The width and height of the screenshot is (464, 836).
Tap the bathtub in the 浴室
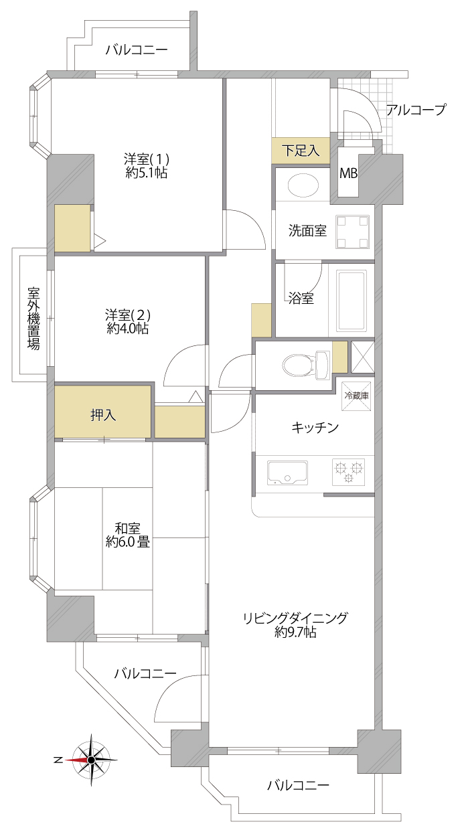click(351, 301)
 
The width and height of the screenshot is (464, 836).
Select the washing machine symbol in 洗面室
click(352, 232)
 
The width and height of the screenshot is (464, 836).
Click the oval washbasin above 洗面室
click(303, 185)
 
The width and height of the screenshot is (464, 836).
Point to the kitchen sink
click(287, 473)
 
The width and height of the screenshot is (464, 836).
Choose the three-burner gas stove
click(348, 472)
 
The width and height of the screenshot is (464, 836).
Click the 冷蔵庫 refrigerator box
click(356, 396)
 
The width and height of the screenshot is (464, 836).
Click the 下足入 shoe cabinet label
click(301, 151)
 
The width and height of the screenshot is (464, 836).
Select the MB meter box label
click(348, 173)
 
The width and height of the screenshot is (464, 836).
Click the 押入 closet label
click(103, 415)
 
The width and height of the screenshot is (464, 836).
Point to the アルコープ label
click(416, 110)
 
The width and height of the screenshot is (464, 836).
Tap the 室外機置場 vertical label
click(33, 319)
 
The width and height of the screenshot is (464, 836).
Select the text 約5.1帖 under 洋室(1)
click(147, 173)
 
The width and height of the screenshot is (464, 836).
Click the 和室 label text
click(127, 529)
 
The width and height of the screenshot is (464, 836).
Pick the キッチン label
click(315, 427)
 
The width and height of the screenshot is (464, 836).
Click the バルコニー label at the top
click(136, 50)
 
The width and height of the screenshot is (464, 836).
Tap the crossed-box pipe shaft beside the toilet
click(363, 357)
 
